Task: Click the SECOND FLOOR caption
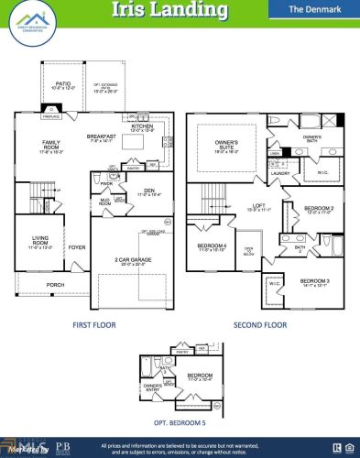coord(261,324)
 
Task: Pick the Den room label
coord(147,191)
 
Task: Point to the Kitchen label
coord(143,126)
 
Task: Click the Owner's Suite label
coord(226,144)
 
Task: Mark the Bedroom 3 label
coord(314,280)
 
